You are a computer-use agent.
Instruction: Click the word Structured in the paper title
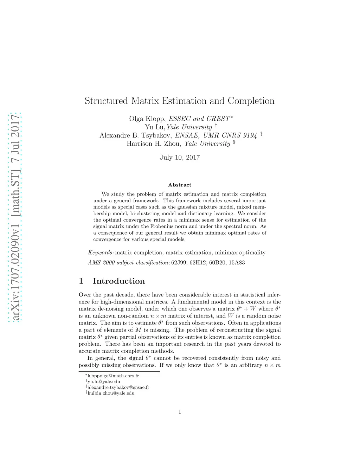click(x=106, y=101)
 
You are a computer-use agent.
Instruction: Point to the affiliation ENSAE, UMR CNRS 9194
click(x=216, y=135)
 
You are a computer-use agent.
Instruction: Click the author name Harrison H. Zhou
click(x=154, y=143)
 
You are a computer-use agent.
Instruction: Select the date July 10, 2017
click(x=180, y=158)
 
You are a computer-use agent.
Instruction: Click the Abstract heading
click(x=180, y=185)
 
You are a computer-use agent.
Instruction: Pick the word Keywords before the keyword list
click(x=100, y=253)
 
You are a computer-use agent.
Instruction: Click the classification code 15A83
click(x=237, y=262)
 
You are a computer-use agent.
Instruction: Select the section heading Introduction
click(x=119, y=281)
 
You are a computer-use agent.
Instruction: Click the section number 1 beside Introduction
click(x=81, y=281)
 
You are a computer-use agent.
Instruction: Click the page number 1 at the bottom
click(x=180, y=412)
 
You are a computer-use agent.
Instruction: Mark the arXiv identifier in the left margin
click(x=15, y=218)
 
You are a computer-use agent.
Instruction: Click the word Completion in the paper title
click(x=251, y=101)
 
